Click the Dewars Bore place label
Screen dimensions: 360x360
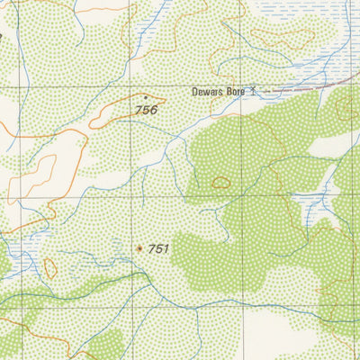(220, 92)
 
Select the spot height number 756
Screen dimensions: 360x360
(146, 110)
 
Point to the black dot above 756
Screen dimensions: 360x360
(145, 97)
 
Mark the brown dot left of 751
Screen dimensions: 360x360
(139, 248)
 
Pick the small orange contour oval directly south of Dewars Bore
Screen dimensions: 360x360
(220, 183)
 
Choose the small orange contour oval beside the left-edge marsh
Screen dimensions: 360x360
(49, 268)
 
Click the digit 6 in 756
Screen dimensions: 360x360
(154, 110)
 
